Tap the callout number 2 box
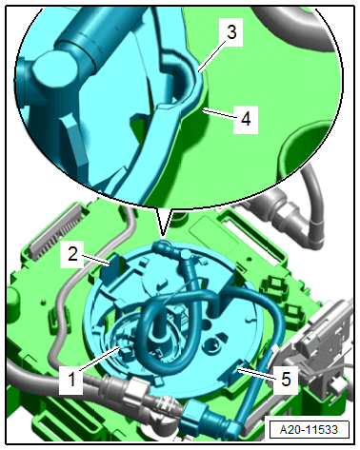71,253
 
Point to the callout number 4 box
246,119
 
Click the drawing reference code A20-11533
310,429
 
